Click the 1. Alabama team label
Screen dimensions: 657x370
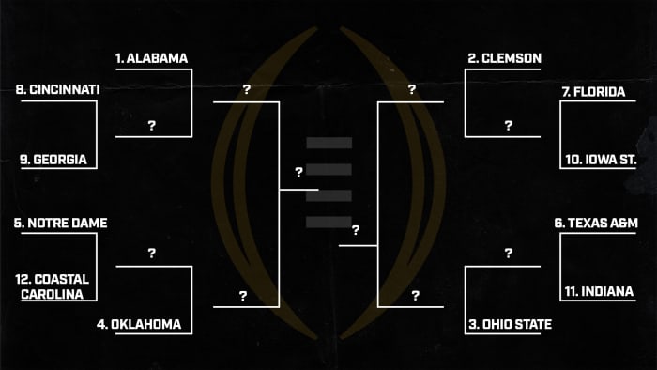pyautogui.click(x=152, y=58)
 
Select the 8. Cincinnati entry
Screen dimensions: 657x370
pyautogui.click(x=58, y=89)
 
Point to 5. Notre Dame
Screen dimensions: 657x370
pyautogui.click(x=60, y=224)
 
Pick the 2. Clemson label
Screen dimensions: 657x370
pyautogui.click(x=504, y=58)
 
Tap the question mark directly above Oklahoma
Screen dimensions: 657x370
pyautogui.click(x=152, y=254)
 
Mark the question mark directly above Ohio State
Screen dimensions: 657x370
pyautogui.click(x=508, y=254)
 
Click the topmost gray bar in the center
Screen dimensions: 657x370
pyautogui.click(x=328, y=143)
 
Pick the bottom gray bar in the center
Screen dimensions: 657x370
pyautogui.click(x=328, y=222)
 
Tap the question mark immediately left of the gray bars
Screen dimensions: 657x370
pyautogui.click(x=298, y=173)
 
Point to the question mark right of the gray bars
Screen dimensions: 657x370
pyautogui.click(x=356, y=230)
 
